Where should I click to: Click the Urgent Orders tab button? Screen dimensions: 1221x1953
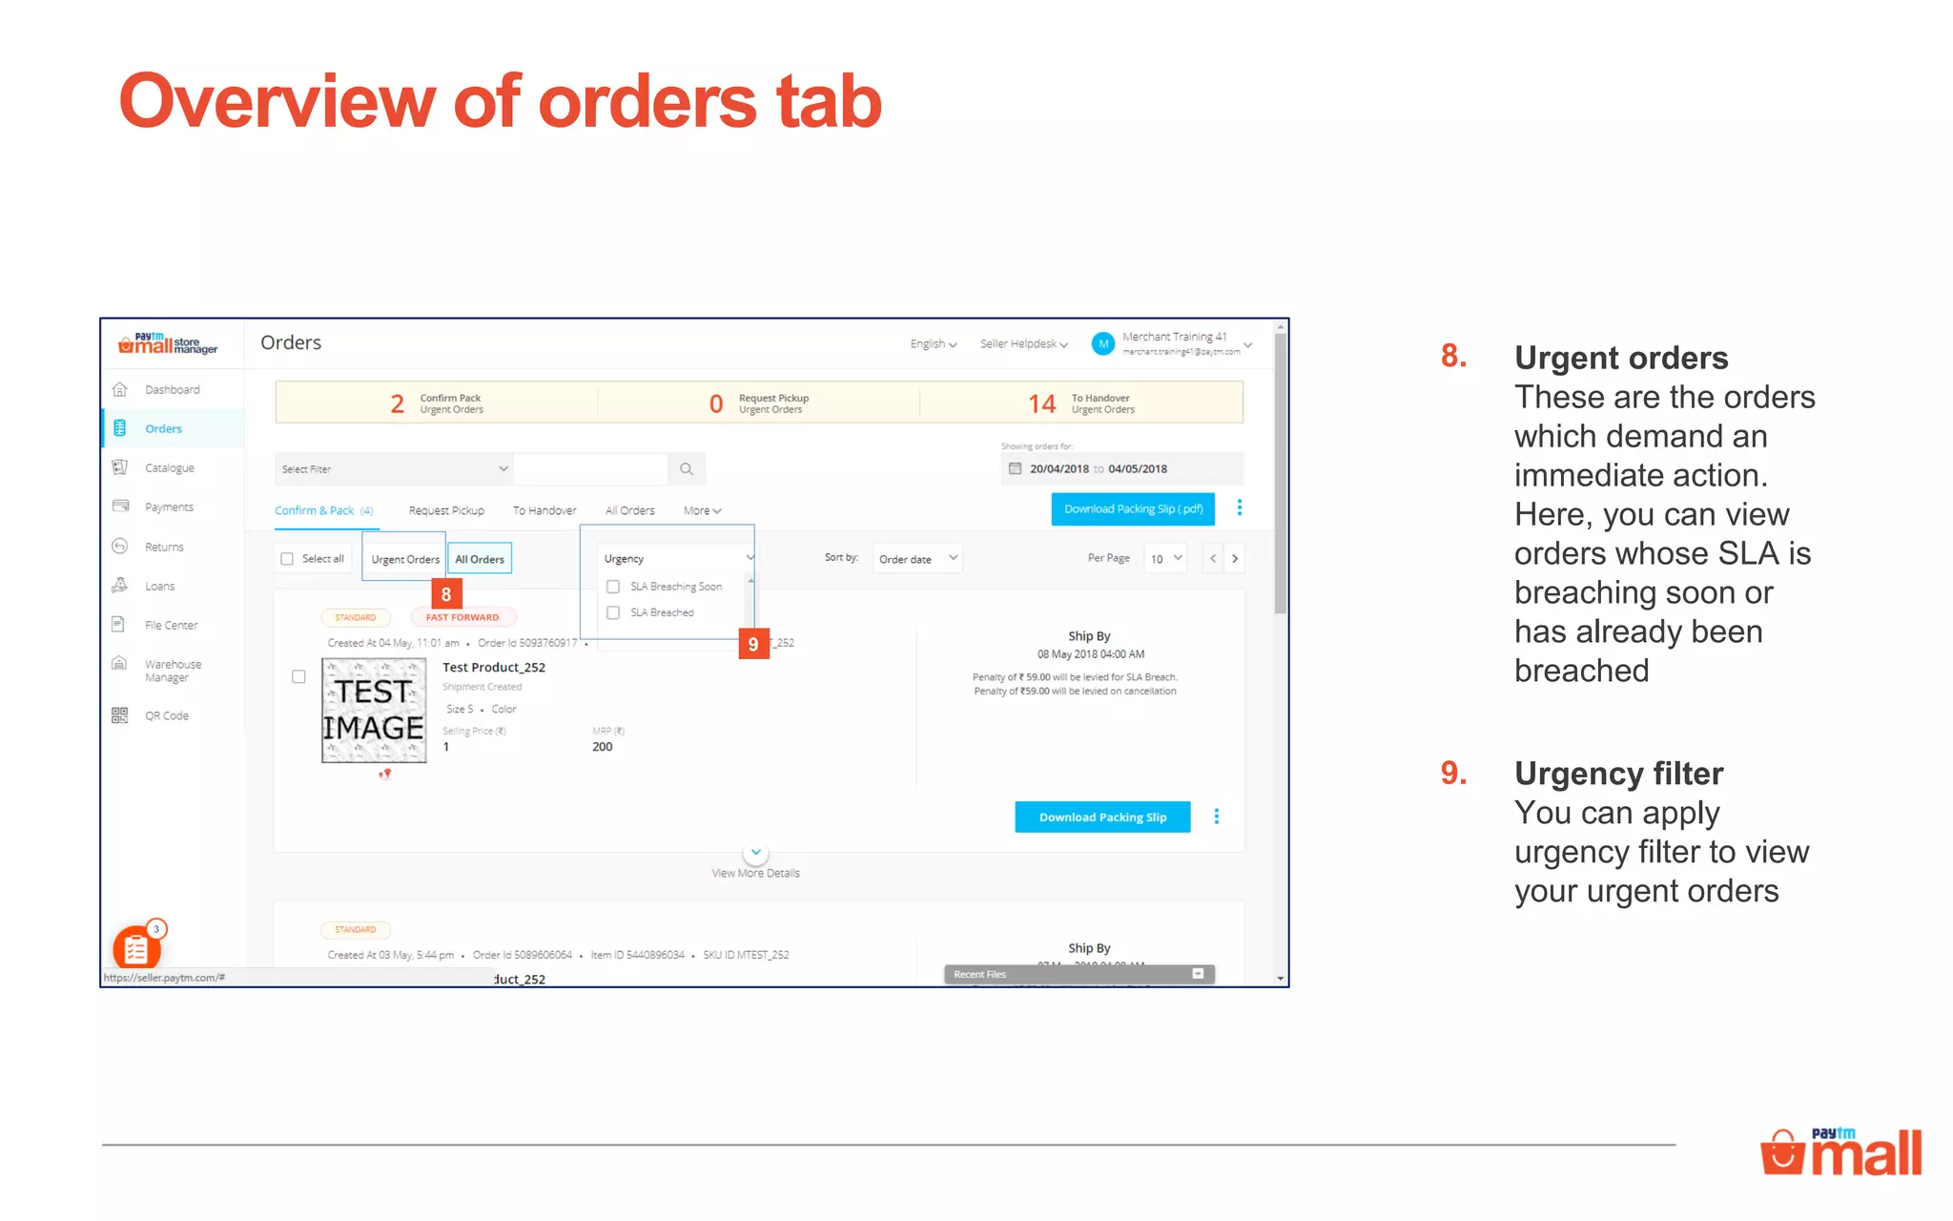click(405, 559)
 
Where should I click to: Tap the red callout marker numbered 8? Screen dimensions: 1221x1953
click(446, 594)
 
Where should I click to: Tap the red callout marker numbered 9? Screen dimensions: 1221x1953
click(753, 645)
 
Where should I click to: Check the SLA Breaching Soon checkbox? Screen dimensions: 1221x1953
click(613, 587)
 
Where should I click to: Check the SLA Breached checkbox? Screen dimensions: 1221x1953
click(613, 612)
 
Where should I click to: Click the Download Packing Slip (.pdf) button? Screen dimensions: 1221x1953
click(1133, 509)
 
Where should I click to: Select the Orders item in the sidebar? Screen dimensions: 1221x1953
click(163, 429)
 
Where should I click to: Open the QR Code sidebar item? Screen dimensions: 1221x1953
click(166, 715)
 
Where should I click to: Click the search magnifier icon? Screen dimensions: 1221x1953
click(687, 469)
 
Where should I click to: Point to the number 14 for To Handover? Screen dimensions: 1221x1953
click(1041, 404)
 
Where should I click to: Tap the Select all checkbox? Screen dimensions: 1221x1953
click(287, 559)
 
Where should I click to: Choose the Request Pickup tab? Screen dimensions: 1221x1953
click(446, 511)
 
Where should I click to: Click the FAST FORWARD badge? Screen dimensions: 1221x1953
click(463, 617)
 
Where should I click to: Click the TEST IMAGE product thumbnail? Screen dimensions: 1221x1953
click(374, 711)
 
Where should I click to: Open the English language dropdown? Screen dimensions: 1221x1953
click(933, 344)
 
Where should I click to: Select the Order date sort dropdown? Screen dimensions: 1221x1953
click(916, 559)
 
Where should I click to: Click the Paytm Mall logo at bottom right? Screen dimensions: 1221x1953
click(1840, 1152)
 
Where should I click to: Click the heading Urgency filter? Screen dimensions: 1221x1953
click(1618, 774)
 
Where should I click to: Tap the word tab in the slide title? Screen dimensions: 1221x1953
click(829, 101)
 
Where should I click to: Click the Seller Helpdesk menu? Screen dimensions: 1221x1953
click(1023, 344)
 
